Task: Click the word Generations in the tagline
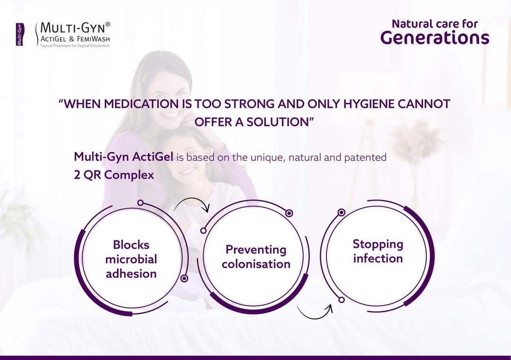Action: click(435, 38)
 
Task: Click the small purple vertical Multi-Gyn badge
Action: click(20, 34)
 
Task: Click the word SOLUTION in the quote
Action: click(277, 122)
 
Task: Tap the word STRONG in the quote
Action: click(249, 104)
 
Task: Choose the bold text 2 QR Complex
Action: click(114, 175)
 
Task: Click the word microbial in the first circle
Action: click(131, 259)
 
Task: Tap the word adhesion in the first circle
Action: click(131, 273)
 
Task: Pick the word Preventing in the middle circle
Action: click(256, 250)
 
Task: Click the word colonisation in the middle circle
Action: click(256, 264)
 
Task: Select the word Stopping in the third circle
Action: click(378, 245)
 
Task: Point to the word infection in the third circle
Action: click(378, 258)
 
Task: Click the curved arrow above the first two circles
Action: click(192, 199)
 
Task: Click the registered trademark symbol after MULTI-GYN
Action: click(108, 24)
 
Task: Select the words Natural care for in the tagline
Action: click(435, 24)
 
